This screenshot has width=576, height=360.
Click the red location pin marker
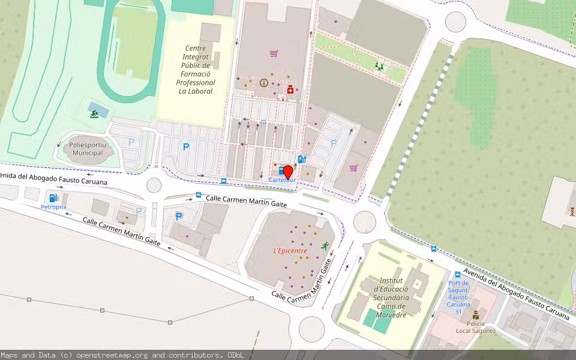pyautogui.click(x=288, y=172)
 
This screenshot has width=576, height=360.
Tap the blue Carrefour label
pyautogui.click(x=282, y=179)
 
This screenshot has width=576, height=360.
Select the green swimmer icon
pyautogui.click(x=95, y=112)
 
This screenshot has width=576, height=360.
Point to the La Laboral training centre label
pyautogui.click(x=196, y=70)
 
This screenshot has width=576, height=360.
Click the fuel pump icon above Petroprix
pyautogui.click(x=53, y=197)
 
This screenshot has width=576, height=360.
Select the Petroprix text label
pyautogui.click(x=53, y=207)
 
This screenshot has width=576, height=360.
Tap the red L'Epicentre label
pyautogui.click(x=290, y=251)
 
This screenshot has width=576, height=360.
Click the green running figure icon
pyautogui.click(x=325, y=245)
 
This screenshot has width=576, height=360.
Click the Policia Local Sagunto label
pyautogui.click(x=475, y=327)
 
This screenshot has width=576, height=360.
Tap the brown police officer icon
pyautogui.click(x=476, y=314)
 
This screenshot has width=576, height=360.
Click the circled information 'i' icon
pyautogui.click(x=264, y=83)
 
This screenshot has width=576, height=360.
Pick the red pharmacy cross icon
pyautogui.click(x=290, y=90)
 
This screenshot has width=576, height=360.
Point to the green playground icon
pyautogui.click(x=379, y=65)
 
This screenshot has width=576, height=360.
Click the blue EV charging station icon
pyautogui.click(x=301, y=160)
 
